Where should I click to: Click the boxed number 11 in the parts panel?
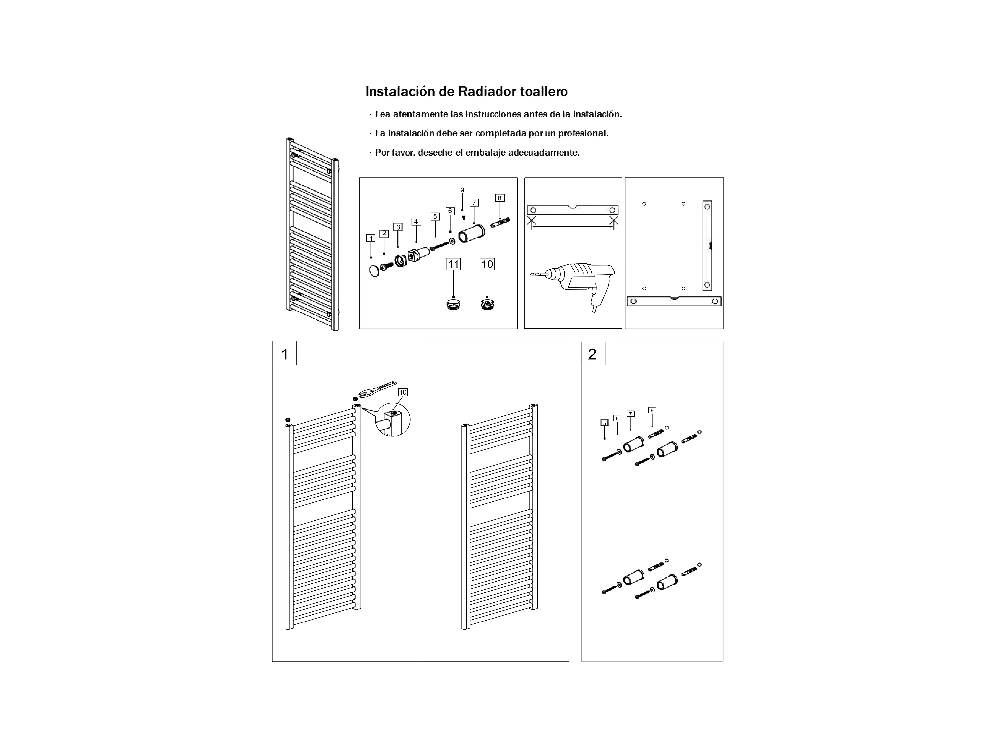[453, 264]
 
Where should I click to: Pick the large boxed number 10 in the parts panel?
[487, 264]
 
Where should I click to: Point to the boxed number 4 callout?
[416, 222]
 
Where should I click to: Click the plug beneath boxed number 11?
[453, 304]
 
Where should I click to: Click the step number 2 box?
[593, 354]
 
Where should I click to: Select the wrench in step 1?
[377, 388]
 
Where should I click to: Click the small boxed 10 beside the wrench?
[403, 392]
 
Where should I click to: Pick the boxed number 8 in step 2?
[652, 410]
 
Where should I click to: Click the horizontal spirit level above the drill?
[572, 210]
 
